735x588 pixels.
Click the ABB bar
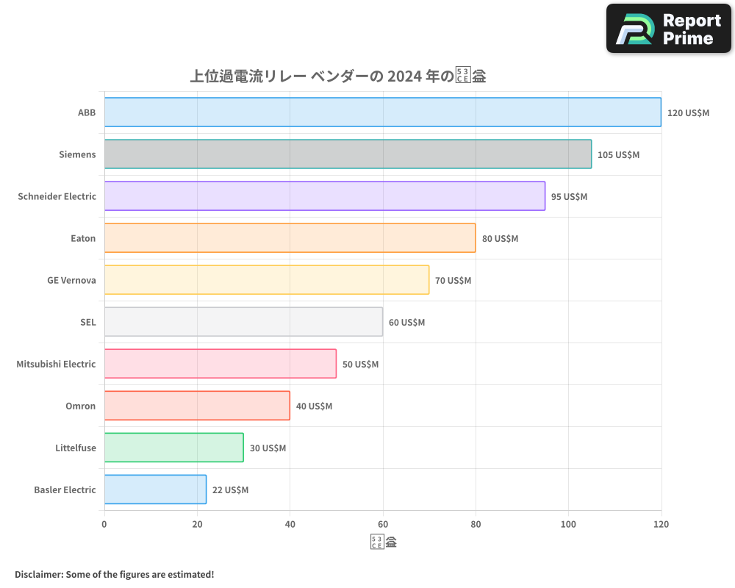click(x=382, y=112)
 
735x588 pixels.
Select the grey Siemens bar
click(x=348, y=154)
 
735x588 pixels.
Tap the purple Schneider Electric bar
click(x=324, y=196)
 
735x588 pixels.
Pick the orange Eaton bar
click(x=290, y=238)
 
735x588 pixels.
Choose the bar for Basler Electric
click(x=155, y=490)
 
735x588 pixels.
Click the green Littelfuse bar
click(x=173, y=448)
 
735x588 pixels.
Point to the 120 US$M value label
click(x=688, y=113)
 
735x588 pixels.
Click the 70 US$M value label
click(x=453, y=281)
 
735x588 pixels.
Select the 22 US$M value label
click(x=230, y=490)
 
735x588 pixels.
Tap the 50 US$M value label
click(x=360, y=365)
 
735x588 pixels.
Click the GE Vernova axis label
click(x=71, y=280)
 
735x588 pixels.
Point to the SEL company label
click(x=87, y=322)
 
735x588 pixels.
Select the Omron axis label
click(x=80, y=406)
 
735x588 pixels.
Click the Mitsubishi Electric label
click(x=56, y=364)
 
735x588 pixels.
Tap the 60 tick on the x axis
click(x=383, y=524)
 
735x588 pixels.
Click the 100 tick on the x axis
click(x=568, y=524)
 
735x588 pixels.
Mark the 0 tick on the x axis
click(x=104, y=524)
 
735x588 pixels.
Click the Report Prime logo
click(x=669, y=29)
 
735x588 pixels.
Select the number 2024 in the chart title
click(x=404, y=76)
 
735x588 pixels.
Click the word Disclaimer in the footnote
click(x=37, y=574)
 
